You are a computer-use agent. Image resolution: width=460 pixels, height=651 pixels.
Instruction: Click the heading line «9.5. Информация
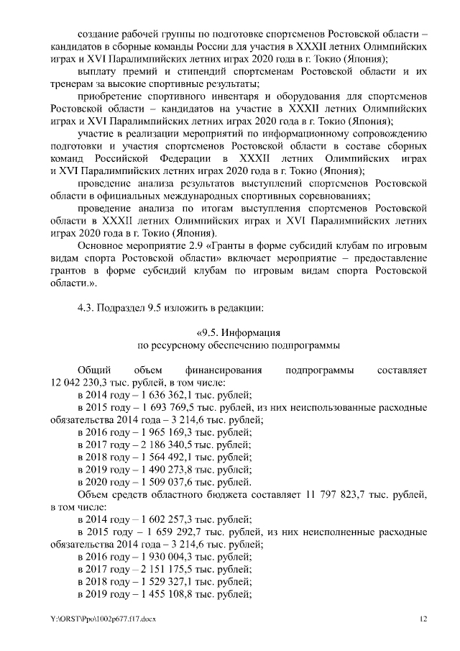(238, 332)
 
